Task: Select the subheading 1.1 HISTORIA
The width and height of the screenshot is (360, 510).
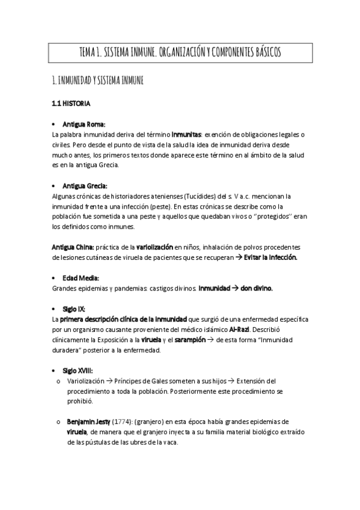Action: pos(72,103)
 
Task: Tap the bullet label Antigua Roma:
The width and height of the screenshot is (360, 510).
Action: pos(88,124)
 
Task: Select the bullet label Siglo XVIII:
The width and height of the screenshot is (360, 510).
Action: pos(83,371)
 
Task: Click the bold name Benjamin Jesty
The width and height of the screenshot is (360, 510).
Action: pos(90,422)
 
